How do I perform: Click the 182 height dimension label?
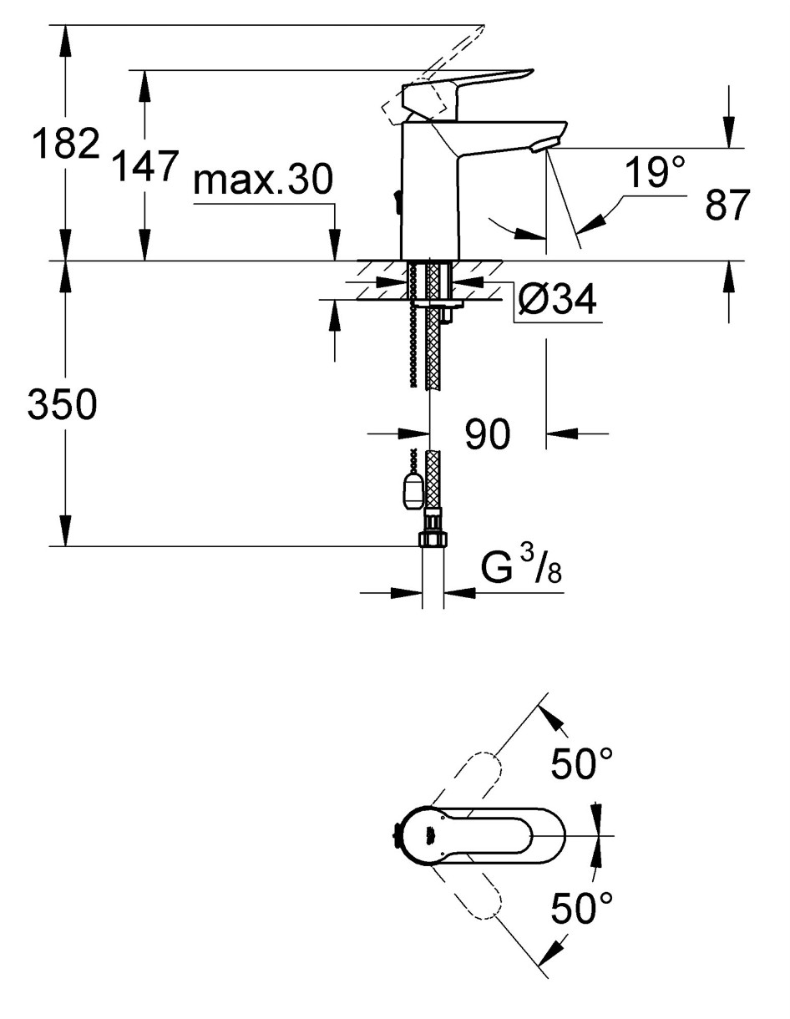point(67,143)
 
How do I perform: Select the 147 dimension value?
point(147,165)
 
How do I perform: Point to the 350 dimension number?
point(63,405)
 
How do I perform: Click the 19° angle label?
point(656,173)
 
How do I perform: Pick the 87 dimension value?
point(727,205)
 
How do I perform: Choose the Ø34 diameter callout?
point(558,299)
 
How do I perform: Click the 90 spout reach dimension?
point(487,434)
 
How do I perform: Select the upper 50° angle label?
point(582,763)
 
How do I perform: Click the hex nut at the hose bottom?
point(433,540)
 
